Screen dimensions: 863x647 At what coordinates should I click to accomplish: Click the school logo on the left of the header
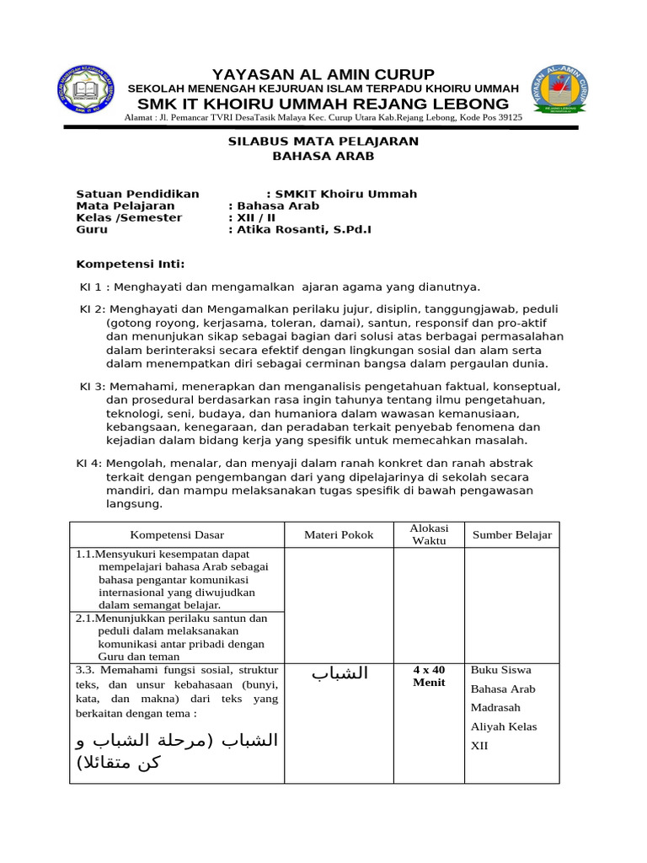click(89, 92)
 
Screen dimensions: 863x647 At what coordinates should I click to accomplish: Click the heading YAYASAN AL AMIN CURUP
click(323, 74)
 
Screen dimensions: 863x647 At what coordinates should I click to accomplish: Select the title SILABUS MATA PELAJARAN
click(323, 142)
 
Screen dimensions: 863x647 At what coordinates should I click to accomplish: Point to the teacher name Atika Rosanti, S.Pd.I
click(304, 229)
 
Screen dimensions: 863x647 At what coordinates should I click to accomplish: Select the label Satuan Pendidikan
click(137, 194)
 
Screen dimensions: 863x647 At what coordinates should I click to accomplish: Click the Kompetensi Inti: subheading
click(130, 264)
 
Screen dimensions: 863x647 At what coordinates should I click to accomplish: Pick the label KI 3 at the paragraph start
click(92, 387)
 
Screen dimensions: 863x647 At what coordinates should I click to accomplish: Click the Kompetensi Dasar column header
click(177, 535)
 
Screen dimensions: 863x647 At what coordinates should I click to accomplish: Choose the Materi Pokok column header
click(339, 535)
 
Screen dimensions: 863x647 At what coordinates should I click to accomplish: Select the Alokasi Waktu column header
click(429, 534)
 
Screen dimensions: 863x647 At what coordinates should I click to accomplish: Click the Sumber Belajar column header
click(511, 535)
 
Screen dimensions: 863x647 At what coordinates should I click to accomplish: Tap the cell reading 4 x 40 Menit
click(429, 676)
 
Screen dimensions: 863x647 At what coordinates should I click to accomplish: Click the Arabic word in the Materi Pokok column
click(340, 673)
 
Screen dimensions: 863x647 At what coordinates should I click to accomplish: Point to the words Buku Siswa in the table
click(500, 671)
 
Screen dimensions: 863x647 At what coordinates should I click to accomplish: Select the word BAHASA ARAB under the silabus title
click(323, 157)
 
